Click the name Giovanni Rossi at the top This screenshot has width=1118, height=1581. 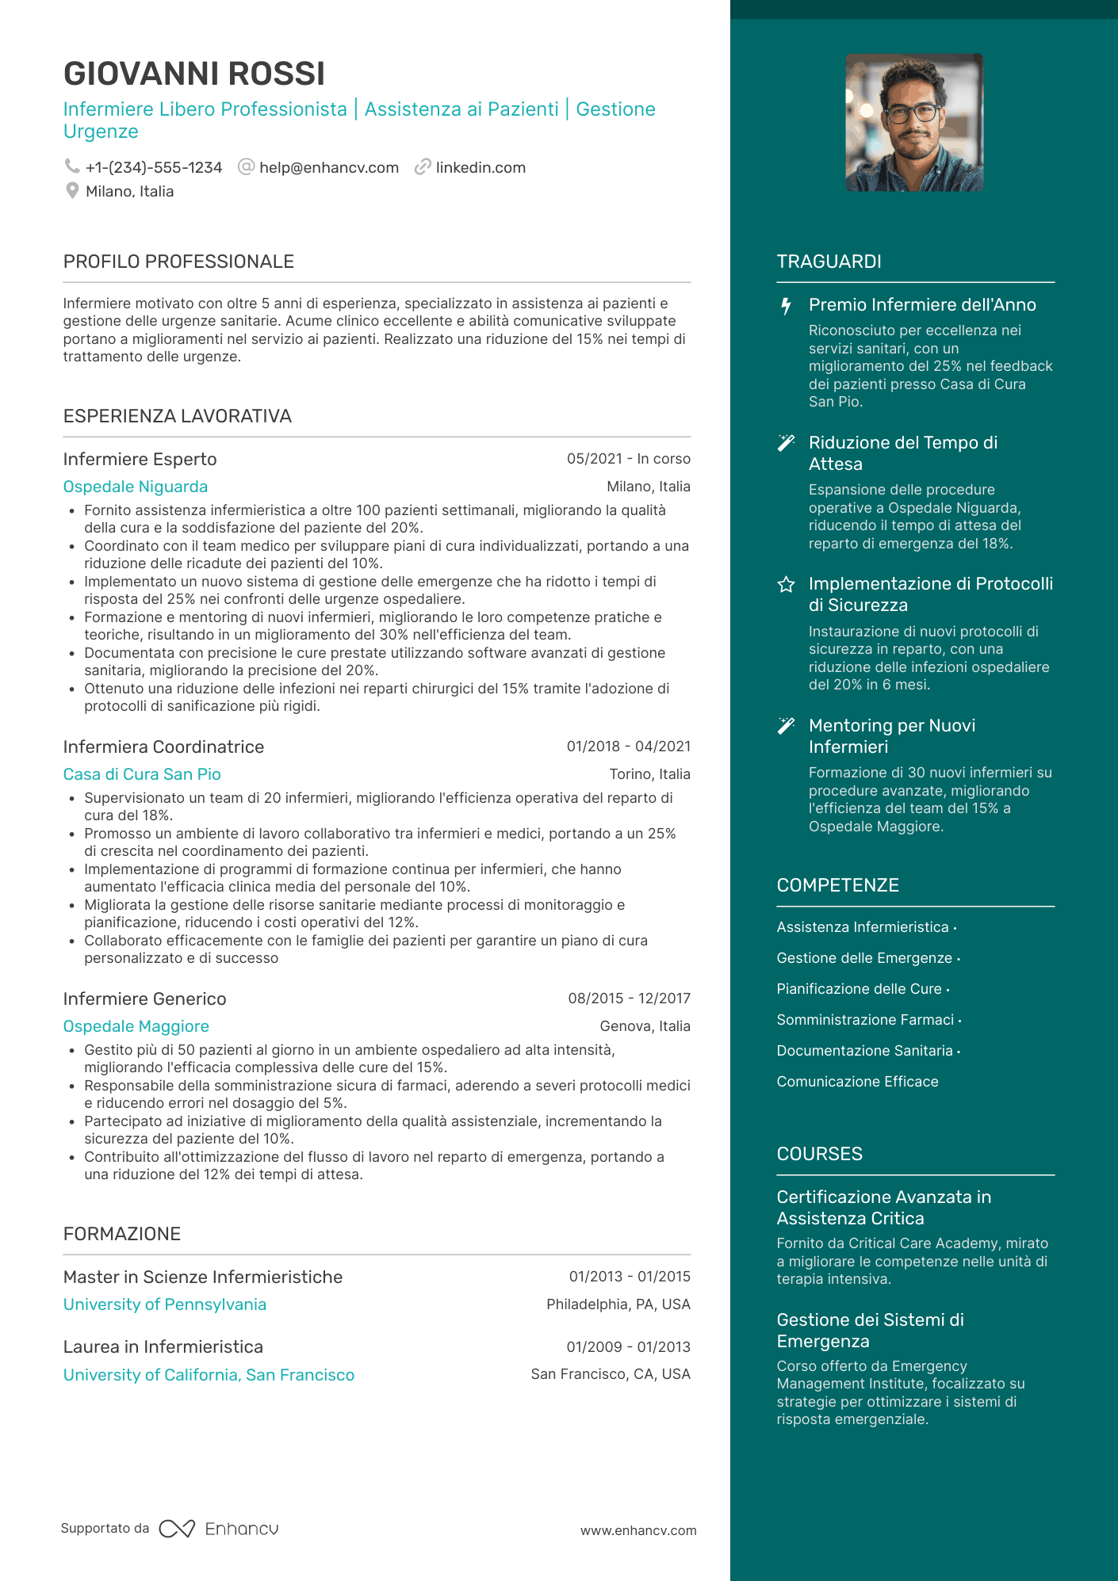coord(194,74)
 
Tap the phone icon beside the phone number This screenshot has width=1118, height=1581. coord(72,166)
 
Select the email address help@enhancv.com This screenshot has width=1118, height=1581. coord(328,167)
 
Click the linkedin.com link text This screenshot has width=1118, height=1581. coord(481,167)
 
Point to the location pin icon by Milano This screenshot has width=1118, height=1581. coord(72,191)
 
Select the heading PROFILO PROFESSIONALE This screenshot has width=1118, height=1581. coord(178,262)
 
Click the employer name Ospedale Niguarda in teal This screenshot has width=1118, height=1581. coord(136,487)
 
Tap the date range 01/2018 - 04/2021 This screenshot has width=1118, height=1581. coord(628,747)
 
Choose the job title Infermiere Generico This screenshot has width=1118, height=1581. coord(145,999)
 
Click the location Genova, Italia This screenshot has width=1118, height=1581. coord(645,1026)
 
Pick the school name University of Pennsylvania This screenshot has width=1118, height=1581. coord(165,1304)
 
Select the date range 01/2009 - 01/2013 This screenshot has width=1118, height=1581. coord(628,1347)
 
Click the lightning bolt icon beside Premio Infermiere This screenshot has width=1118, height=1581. coord(786,306)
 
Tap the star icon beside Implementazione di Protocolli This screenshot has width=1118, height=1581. coord(786,585)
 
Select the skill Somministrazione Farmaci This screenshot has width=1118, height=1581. coord(865,1020)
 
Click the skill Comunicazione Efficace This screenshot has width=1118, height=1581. coord(857,1082)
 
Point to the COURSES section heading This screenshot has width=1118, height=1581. coord(819,1154)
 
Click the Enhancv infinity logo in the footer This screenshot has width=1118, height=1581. coord(177,1529)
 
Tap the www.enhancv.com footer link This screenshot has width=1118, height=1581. coord(638,1530)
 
